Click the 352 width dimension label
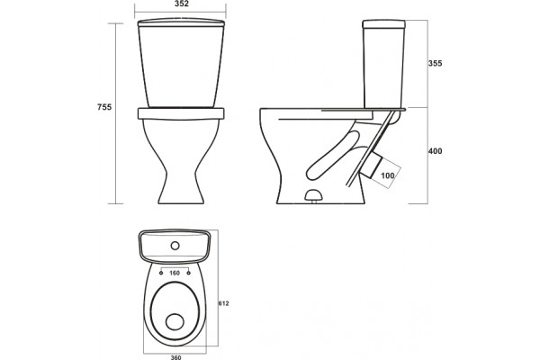coord(182,4)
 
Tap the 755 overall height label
coord(104,107)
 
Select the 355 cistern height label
coord(435,63)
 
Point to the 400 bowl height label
coord(435,151)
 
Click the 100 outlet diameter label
coord(387,175)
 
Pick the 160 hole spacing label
coord(175,274)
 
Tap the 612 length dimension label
coord(223,303)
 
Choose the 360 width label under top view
coord(175,357)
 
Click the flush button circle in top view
coord(175,246)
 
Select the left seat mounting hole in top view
coord(161,274)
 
